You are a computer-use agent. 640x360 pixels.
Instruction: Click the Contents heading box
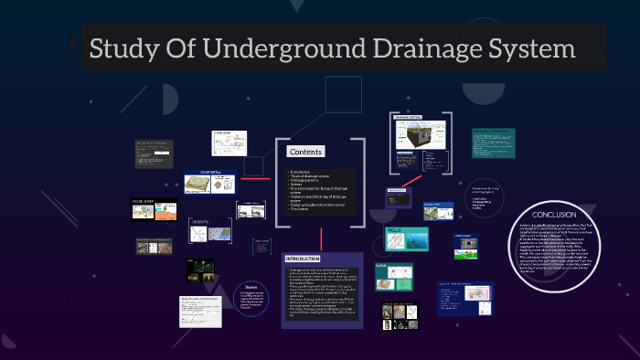305,152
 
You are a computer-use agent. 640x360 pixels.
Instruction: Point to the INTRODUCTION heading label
303,259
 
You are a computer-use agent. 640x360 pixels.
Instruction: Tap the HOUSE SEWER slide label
143,201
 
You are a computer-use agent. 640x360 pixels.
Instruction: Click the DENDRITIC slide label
200,221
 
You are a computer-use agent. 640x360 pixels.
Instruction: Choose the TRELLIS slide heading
394,229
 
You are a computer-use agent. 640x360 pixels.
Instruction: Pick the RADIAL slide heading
381,266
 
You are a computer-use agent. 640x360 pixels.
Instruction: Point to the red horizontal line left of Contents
256,178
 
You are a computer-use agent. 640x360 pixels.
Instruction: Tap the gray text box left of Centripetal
155,154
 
